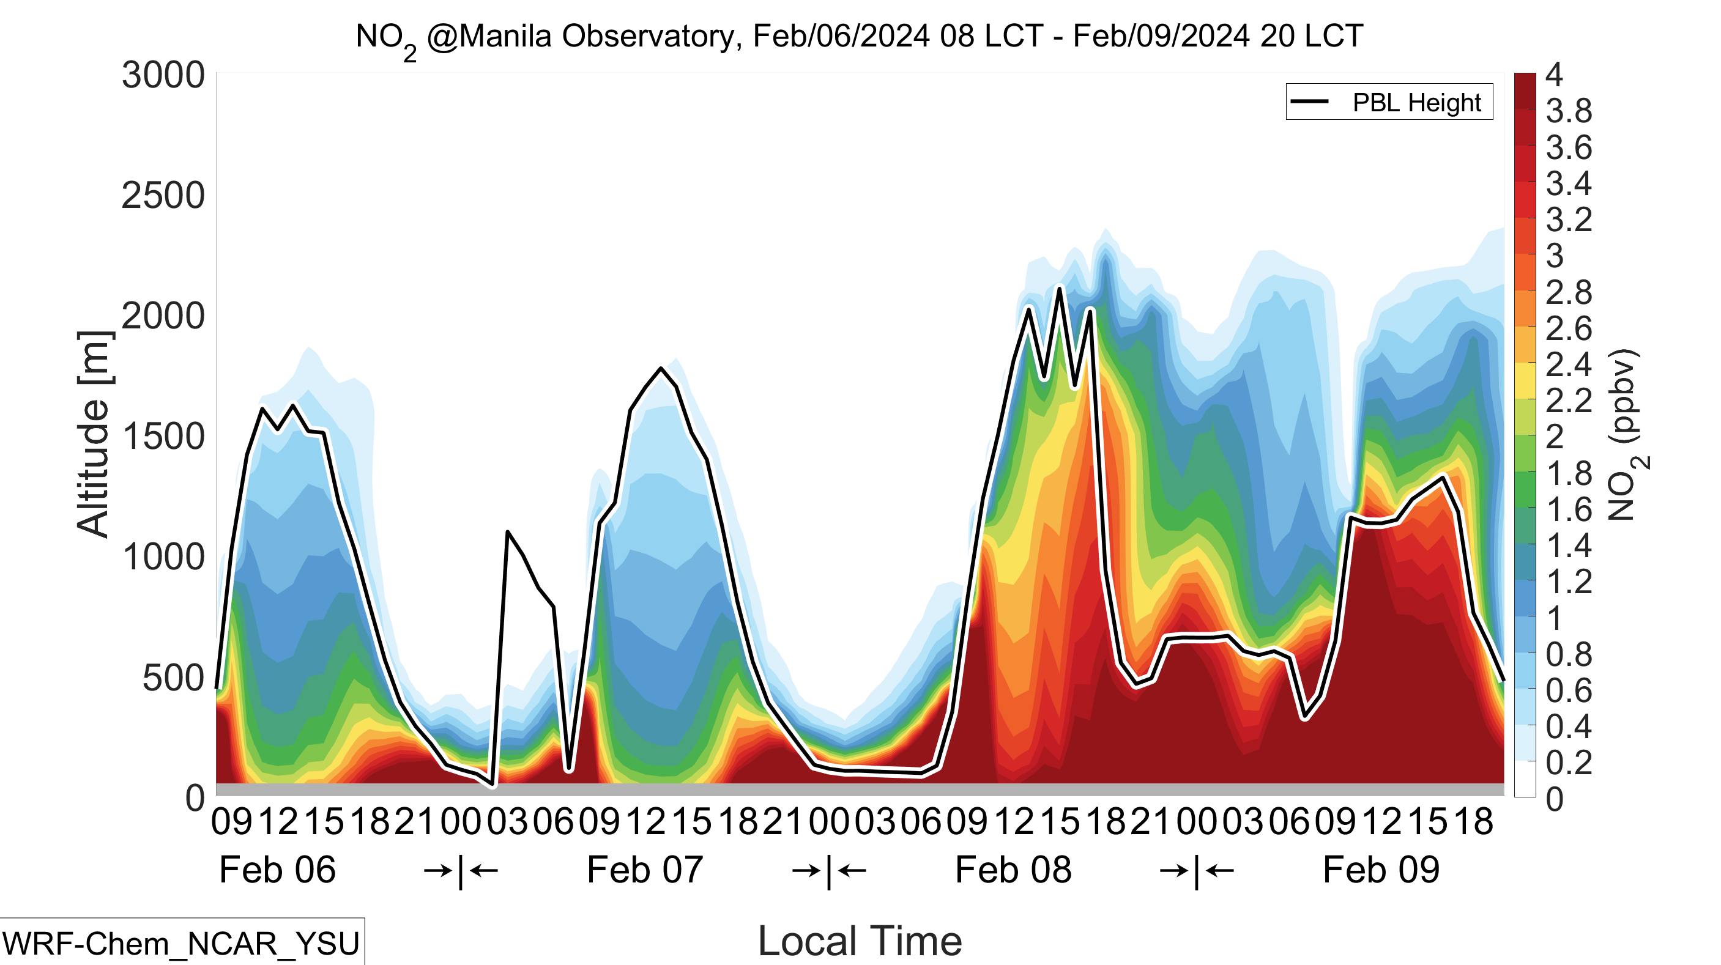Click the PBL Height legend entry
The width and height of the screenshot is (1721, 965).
tap(1389, 102)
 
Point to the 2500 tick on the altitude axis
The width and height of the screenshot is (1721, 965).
tap(163, 196)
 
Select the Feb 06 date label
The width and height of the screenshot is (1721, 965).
tap(277, 870)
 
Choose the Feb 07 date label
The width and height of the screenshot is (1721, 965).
tap(645, 870)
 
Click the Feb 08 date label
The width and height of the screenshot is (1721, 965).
tap(1014, 870)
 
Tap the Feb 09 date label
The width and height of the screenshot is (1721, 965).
tap(1381, 870)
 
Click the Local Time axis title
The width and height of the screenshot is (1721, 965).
tap(860, 941)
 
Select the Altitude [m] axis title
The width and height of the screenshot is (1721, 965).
tap(94, 435)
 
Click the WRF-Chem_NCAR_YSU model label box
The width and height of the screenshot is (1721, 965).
tap(182, 942)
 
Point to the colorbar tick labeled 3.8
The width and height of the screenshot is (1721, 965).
tap(1569, 111)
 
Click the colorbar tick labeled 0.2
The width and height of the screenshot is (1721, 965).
tap(1569, 763)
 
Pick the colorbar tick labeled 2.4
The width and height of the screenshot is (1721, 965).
tap(1569, 364)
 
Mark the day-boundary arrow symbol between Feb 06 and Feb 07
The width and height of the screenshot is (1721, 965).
tap(461, 871)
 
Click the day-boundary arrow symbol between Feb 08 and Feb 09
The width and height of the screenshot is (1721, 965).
tap(1197, 871)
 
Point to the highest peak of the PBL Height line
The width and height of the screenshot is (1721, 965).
tap(1060, 288)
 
